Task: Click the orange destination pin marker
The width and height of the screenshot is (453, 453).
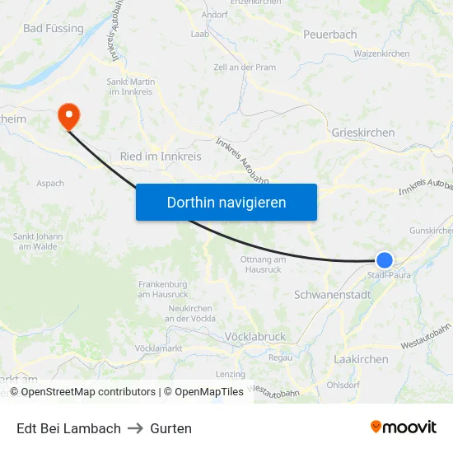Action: pos(68,117)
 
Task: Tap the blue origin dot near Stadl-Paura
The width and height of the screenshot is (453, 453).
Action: pos(384,260)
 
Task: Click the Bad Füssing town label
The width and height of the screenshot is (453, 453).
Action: pos(54,28)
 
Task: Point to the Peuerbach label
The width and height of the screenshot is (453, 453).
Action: pos(329,34)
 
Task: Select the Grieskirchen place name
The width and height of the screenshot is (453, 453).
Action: pos(362,132)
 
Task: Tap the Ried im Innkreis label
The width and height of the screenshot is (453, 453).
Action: pos(161,156)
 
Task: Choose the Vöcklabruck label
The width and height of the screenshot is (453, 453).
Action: pos(255,336)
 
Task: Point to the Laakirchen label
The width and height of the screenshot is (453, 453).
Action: pos(362,359)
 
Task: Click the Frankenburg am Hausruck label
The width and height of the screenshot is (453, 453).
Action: pos(163,289)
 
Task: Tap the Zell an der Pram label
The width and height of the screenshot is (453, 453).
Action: pos(244,66)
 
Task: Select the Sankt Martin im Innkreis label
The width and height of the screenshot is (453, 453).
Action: pos(132,86)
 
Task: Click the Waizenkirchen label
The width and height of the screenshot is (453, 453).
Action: pos(381,54)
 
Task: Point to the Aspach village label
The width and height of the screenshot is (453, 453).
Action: pos(50,183)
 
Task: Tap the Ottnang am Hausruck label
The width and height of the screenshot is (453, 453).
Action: pos(263,264)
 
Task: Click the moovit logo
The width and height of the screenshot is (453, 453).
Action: pos(404,427)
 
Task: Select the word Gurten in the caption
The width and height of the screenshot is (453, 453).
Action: pos(170,428)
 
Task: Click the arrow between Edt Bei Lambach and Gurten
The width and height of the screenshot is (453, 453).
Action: pos(135,428)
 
